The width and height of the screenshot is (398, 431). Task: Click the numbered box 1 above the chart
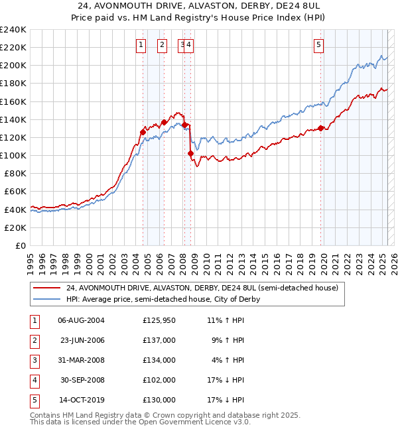(x=141, y=45)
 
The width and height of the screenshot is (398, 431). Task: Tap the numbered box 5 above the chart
(x=319, y=45)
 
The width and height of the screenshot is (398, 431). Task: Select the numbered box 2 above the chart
(x=162, y=45)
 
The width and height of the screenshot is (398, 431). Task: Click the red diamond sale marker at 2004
(x=143, y=132)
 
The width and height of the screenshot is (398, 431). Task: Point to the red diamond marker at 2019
(x=321, y=129)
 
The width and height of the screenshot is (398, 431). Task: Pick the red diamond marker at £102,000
(x=191, y=153)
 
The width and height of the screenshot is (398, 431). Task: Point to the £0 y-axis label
(x=20, y=245)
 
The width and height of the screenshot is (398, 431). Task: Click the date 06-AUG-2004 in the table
(x=81, y=320)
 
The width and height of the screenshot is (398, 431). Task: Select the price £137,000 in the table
(x=159, y=340)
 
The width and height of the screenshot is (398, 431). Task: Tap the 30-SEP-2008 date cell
(x=81, y=380)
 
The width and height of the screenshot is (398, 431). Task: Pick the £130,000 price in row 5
(x=159, y=400)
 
